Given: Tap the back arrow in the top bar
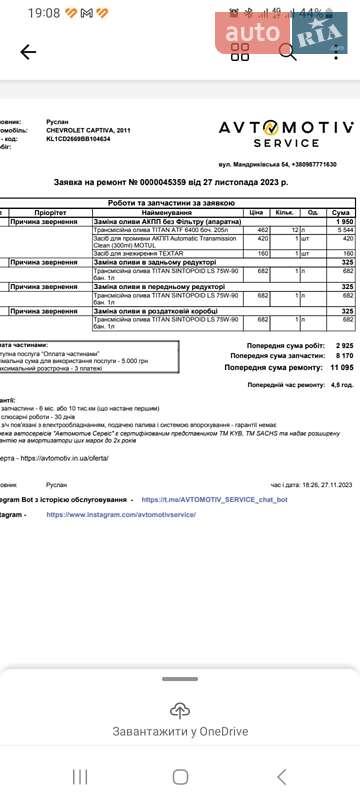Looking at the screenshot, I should tap(28, 52).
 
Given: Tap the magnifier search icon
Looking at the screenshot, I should tap(288, 52).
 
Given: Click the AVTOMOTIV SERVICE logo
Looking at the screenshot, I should tap(286, 134).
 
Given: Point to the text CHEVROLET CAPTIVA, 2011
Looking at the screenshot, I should tap(88, 130).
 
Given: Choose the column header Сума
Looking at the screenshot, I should tap(341, 213).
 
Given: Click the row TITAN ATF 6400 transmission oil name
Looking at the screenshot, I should tap(149, 230).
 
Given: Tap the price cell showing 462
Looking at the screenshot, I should tap(263, 230).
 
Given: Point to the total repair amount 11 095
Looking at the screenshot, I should tap(337, 367).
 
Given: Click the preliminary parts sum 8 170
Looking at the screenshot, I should tap(341, 355).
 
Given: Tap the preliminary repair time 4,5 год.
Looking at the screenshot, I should tap(342, 384).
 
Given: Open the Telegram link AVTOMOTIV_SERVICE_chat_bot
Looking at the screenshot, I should tap(214, 498).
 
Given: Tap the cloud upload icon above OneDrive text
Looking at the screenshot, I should tap(180, 711).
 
